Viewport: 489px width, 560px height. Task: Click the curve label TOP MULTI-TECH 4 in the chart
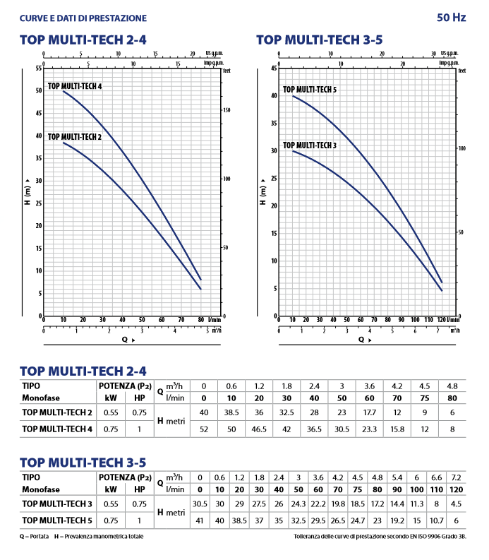tap(75, 86)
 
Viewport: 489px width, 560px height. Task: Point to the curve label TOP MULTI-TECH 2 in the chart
tap(75, 137)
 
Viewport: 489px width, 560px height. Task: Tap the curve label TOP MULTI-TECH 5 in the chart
tap(310, 90)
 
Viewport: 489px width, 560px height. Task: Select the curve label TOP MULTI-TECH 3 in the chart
tap(310, 145)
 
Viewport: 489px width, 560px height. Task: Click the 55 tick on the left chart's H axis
tap(37, 68)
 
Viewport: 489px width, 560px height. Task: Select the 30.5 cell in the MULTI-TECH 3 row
tap(200, 504)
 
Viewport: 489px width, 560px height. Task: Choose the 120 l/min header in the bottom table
tap(456, 489)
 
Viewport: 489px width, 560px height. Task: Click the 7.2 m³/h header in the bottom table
tap(456, 477)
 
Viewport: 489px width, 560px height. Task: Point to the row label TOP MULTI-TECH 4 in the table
tap(57, 428)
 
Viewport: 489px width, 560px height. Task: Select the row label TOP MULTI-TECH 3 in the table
tap(57, 504)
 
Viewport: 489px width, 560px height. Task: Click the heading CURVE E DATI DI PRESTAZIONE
tap(83, 17)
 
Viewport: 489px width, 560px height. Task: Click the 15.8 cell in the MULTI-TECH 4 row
tap(397, 428)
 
